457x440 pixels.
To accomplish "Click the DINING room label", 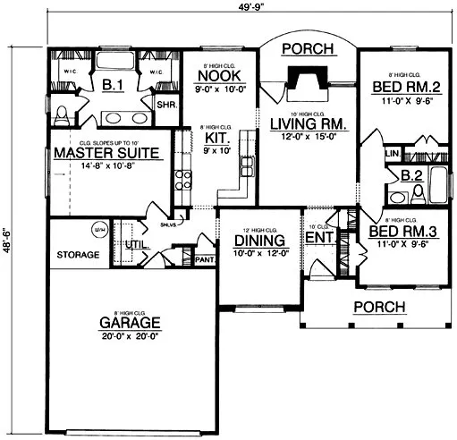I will pos(259,241).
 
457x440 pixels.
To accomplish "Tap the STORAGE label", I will pos(78,255).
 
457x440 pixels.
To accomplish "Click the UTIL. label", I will pos(136,243).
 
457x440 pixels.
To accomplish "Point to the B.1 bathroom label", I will pos(113,85).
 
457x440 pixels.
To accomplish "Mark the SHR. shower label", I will pos(166,105).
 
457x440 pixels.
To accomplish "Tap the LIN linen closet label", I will pos(391,155).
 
